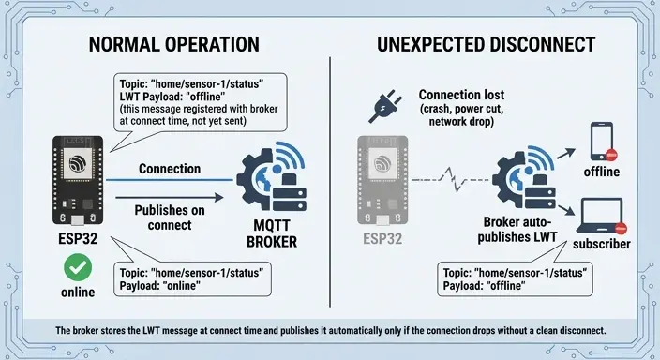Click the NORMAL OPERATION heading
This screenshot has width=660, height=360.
[x=173, y=45]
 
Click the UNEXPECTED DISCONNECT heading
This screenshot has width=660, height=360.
[x=486, y=45]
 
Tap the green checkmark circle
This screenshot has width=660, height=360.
[x=78, y=267]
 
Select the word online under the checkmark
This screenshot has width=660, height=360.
[x=78, y=292]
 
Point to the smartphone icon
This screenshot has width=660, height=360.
[x=602, y=142]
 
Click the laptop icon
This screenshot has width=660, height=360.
[x=602, y=216]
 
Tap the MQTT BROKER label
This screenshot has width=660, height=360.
[x=272, y=233]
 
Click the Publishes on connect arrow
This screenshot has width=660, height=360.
[x=169, y=197]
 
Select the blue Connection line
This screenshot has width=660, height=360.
[x=169, y=180]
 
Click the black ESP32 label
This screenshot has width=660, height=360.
[x=78, y=239]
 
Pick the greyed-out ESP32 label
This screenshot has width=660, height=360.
[x=382, y=239]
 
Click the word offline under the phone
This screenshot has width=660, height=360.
[x=602, y=172]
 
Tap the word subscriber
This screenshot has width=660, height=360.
[x=602, y=244]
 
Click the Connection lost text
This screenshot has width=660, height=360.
[x=461, y=95]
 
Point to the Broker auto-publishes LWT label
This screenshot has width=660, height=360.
[x=517, y=230]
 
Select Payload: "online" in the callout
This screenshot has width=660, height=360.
[x=160, y=286]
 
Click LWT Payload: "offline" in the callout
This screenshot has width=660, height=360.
[x=172, y=97]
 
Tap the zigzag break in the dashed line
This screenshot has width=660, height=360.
[x=454, y=179]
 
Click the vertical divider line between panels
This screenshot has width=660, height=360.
[x=330, y=182]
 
